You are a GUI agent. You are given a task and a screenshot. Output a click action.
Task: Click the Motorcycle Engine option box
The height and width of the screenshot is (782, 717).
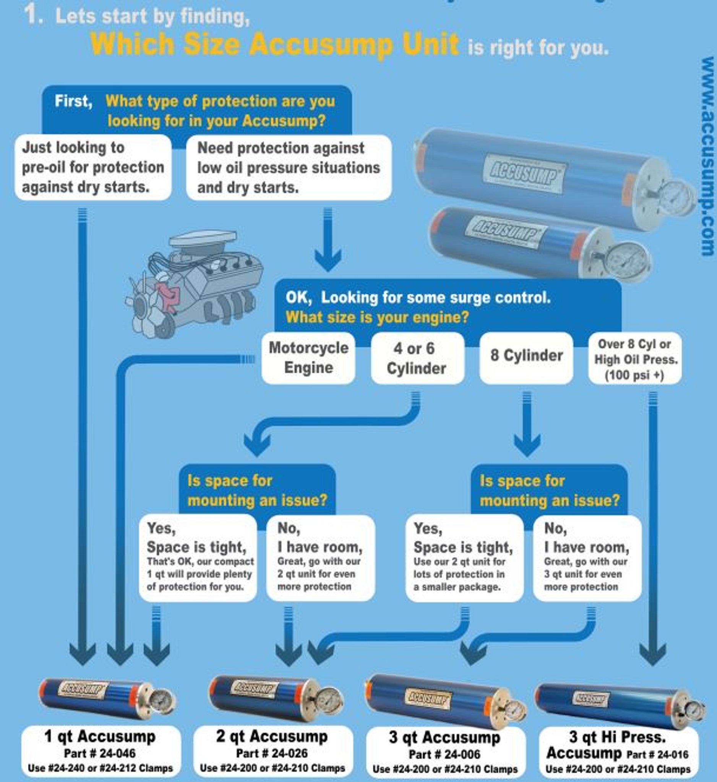[308, 358]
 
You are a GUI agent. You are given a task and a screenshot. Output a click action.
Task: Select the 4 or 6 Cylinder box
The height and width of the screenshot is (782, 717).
[417, 358]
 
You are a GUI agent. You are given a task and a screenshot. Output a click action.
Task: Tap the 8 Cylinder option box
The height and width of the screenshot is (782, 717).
[526, 356]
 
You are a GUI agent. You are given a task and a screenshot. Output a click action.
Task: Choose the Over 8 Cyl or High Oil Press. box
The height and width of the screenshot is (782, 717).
[635, 359]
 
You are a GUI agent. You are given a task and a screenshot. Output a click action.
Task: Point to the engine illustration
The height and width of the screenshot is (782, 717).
[194, 283]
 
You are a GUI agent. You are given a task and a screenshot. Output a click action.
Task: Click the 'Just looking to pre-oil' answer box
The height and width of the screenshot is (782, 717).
[93, 167]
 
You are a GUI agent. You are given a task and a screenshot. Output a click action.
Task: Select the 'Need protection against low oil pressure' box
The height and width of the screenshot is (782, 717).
[289, 168]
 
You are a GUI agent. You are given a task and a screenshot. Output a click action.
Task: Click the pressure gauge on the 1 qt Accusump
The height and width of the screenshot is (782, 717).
[160, 701]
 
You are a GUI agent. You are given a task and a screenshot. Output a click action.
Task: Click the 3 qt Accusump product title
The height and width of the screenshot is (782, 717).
[444, 737]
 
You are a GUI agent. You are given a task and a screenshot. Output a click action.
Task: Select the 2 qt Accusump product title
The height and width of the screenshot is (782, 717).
[272, 736]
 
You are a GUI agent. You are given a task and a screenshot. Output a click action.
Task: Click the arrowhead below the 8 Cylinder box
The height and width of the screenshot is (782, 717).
[527, 445]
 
